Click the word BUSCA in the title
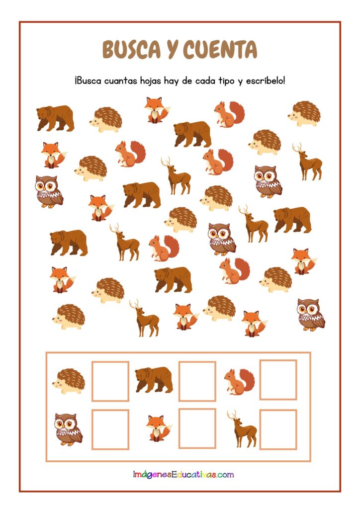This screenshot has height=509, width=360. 131,50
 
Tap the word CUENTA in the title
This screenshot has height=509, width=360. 220,50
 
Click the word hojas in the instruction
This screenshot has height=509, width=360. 150,81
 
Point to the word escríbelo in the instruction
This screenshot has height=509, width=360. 265,81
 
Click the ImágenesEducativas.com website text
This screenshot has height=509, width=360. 183,475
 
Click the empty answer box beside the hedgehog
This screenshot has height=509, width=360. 110,381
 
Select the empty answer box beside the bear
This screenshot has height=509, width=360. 197,381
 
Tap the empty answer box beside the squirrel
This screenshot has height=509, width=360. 278,379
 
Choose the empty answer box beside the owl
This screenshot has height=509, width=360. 110,429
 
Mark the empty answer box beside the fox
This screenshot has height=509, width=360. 197,428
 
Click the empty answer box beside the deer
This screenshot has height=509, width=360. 278,429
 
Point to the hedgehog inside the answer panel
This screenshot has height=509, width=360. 69,381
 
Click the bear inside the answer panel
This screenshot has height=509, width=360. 154,379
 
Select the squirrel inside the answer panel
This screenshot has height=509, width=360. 239,381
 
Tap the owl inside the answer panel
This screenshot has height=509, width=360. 68,429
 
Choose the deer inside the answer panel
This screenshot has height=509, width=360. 243,428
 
